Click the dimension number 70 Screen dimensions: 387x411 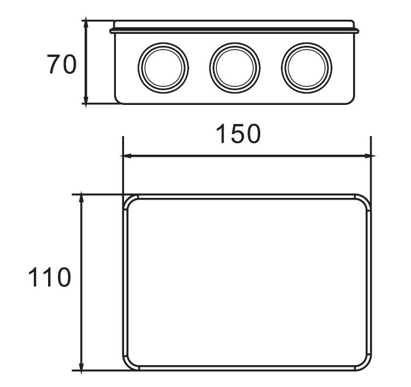(61, 65)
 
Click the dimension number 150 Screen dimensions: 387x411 (238, 134)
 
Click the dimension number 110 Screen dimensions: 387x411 (49, 278)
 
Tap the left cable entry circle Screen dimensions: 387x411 (163, 67)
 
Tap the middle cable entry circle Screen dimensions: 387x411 (235, 67)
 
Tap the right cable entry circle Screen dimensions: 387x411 (307, 67)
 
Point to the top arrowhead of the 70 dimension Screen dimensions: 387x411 (86, 22)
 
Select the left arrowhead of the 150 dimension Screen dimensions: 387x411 (126, 156)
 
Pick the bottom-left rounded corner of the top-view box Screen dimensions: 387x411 (130, 363)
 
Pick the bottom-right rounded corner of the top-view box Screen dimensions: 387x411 (365, 363)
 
